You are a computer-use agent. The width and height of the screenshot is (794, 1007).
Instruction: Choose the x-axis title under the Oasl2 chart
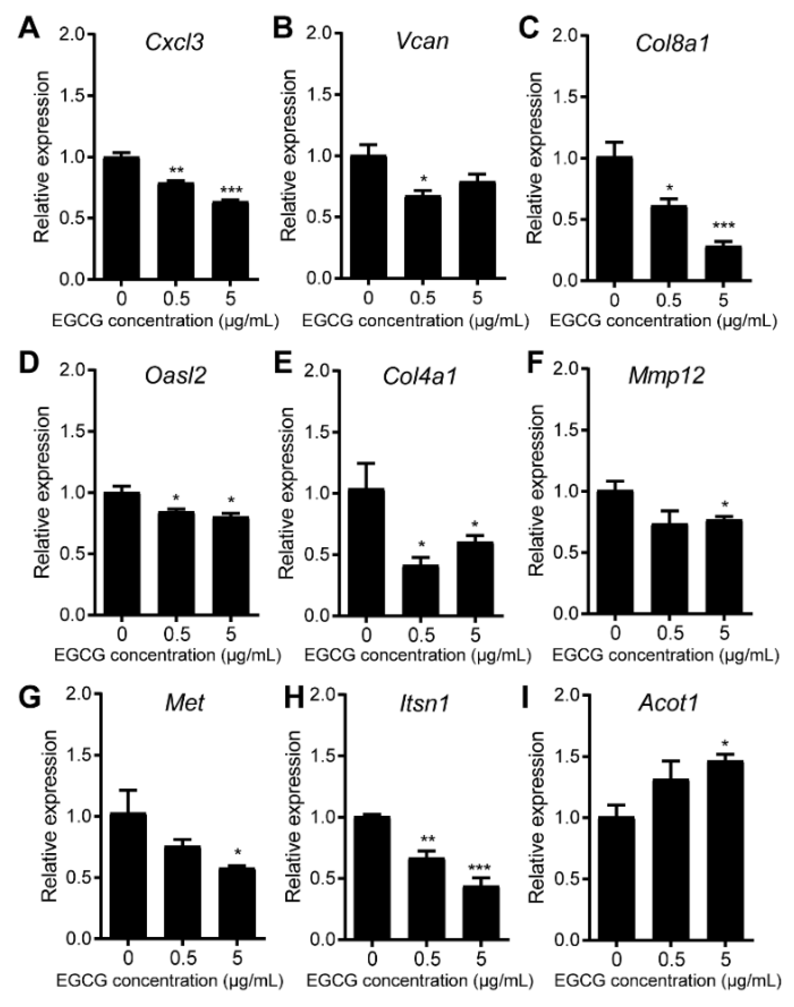[167, 655]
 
